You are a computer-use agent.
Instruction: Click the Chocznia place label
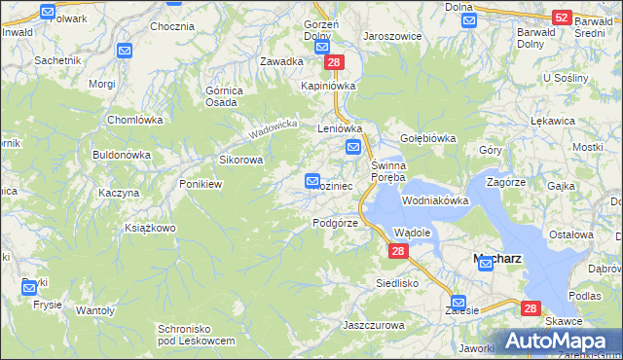(x=171, y=26)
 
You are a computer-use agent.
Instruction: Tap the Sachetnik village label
(x=56, y=59)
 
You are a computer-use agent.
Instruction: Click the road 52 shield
(x=561, y=18)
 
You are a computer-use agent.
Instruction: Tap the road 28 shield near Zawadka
(x=334, y=62)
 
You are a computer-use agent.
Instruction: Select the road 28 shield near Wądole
(x=397, y=251)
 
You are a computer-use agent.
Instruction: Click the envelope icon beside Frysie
(x=29, y=287)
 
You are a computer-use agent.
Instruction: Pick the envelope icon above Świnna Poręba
(x=353, y=147)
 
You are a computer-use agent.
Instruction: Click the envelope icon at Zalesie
(x=458, y=303)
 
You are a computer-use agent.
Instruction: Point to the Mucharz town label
(x=496, y=259)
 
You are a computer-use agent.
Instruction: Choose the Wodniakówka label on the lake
(x=435, y=200)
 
